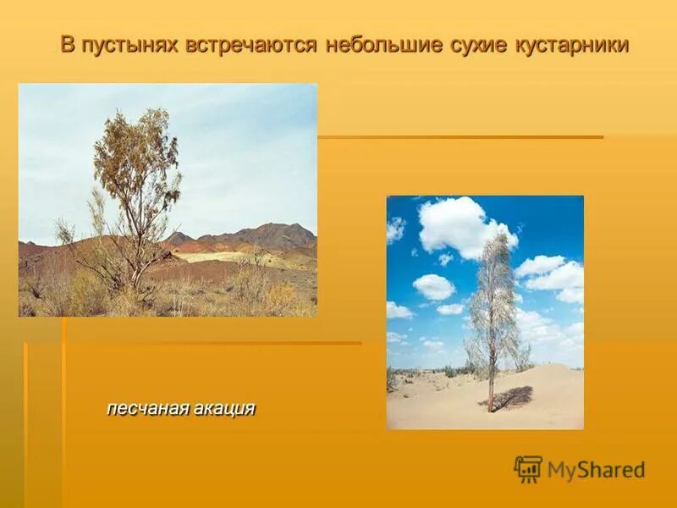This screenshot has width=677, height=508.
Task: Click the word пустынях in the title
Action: [120, 46]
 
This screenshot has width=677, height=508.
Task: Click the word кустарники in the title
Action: [572, 46]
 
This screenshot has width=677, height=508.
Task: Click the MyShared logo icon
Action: [528, 469]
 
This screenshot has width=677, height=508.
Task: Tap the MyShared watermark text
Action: [596, 470]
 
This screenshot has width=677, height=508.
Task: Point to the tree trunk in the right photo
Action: [490, 381]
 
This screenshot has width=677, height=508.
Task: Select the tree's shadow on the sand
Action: [514, 397]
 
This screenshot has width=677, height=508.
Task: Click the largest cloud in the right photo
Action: [462, 225]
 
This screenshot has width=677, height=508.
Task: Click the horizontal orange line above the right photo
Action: [460, 137]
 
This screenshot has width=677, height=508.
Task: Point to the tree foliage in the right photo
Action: [495, 296]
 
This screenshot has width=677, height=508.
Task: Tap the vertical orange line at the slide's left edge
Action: [25, 423]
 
